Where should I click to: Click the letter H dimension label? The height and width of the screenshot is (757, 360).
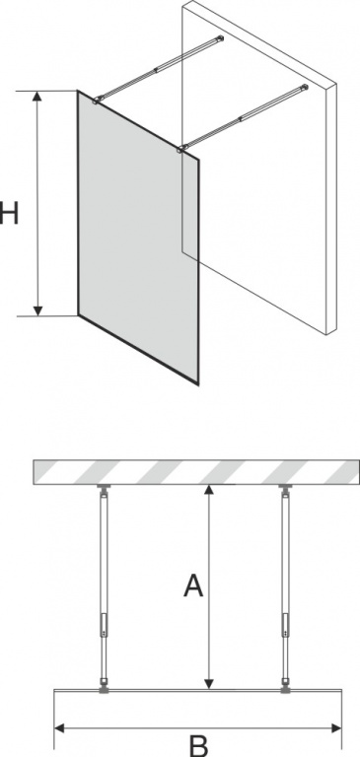(9, 213)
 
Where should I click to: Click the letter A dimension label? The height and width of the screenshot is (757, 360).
(193, 585)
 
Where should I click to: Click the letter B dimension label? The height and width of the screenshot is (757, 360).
(198, 745)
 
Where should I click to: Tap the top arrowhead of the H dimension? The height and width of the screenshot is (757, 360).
(37, 96)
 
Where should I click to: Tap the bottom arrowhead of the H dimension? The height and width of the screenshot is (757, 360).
(37, 310)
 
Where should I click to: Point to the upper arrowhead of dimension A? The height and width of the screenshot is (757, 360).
(208, 491)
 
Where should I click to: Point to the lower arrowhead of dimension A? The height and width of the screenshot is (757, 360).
(208, 683)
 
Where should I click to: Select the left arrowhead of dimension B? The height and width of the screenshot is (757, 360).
(59, 727)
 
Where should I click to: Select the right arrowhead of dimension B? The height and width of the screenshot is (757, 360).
(336, 727)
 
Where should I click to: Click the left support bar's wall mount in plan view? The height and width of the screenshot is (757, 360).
(104, 489)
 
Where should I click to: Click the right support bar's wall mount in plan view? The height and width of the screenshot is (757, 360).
(286, 489)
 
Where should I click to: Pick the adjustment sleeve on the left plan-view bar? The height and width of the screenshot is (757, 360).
(104, 625)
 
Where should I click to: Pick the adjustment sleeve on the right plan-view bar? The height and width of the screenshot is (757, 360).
(286, 625)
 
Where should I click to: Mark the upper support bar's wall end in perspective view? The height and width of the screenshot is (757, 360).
(220, 38)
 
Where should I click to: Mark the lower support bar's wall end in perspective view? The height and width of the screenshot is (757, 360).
(304, 88)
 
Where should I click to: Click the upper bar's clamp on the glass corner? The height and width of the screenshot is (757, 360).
(98, 100)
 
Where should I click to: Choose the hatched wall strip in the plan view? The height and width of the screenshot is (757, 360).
(196, 472)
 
